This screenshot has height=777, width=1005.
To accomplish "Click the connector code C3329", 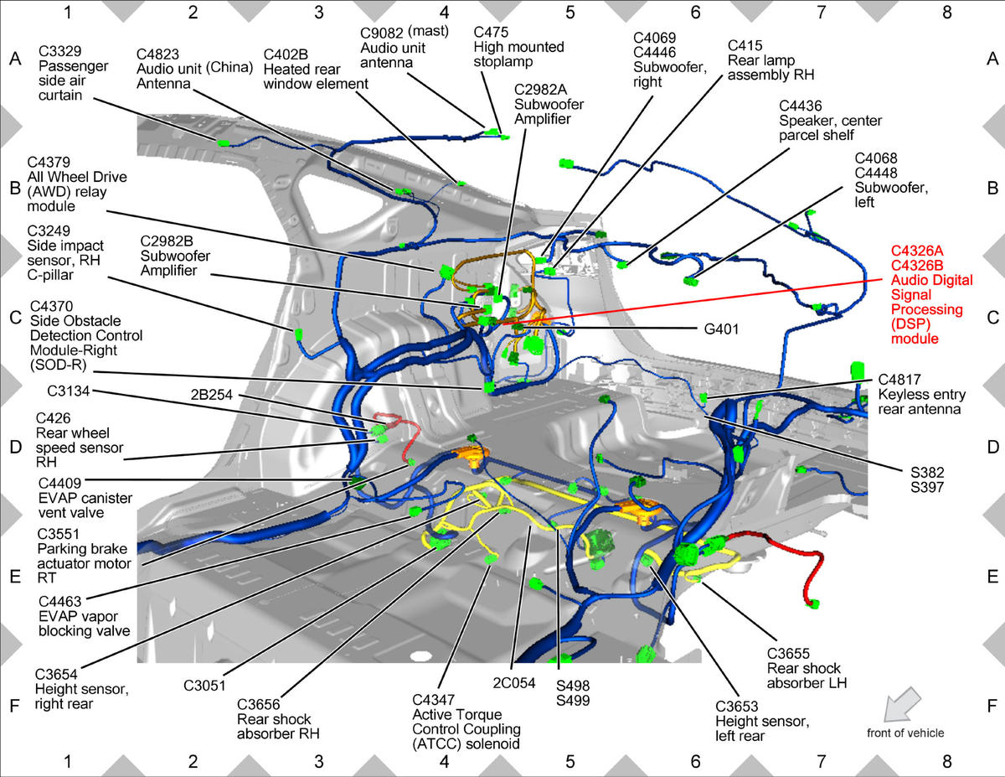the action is pos(60,51).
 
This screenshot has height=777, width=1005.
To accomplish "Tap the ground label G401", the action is pos(721,329).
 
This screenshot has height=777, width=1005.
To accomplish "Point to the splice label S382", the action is pos(927,473).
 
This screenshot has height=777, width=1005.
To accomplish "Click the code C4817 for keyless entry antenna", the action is pos(899,380).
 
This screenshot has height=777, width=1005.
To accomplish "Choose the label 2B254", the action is pos(212,395).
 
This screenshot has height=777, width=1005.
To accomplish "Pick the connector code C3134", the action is pos(69,391).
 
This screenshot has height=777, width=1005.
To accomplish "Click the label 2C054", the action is pos(514,683).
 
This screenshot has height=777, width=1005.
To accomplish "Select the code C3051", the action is pos(204,686).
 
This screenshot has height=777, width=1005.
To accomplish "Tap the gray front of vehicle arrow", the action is pos(902,704).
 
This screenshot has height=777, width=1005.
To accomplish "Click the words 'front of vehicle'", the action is pos(905,733).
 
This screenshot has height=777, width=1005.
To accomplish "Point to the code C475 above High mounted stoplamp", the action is pos(491,32).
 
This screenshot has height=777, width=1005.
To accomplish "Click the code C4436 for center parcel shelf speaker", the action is pos(801,106).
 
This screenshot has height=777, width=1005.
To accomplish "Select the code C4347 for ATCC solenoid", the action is pos(433,700).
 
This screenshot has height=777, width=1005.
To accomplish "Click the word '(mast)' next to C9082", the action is pos(429,31).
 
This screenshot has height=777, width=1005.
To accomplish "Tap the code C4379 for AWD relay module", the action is pos(49,162).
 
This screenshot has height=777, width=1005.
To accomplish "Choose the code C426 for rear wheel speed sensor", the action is pos(54,418).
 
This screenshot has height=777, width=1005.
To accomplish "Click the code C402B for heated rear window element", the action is pos(286,54).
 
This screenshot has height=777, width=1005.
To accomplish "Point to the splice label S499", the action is pos(573,701).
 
